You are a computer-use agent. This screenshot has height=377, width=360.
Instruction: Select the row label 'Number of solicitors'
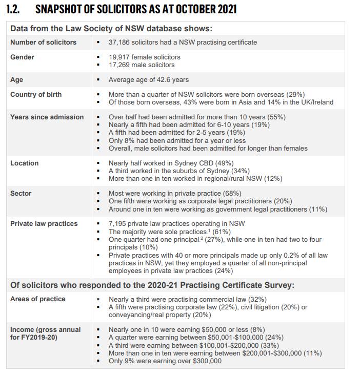43,42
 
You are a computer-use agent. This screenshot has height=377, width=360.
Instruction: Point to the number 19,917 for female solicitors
120,57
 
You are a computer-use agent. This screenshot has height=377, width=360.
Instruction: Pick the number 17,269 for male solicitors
120,65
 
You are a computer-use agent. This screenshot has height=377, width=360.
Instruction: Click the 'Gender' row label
22,57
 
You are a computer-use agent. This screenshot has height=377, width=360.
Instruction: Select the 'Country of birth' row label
36,95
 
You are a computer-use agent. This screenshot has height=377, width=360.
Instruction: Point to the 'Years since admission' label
47,117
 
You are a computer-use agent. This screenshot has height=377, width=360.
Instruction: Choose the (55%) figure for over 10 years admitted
276,117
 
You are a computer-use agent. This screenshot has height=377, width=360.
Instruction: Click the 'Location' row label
24,163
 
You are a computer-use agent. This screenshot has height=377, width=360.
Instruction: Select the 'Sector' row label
21,194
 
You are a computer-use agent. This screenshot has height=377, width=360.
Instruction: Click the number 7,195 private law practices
118,224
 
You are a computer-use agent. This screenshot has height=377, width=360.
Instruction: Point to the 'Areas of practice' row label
38,299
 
